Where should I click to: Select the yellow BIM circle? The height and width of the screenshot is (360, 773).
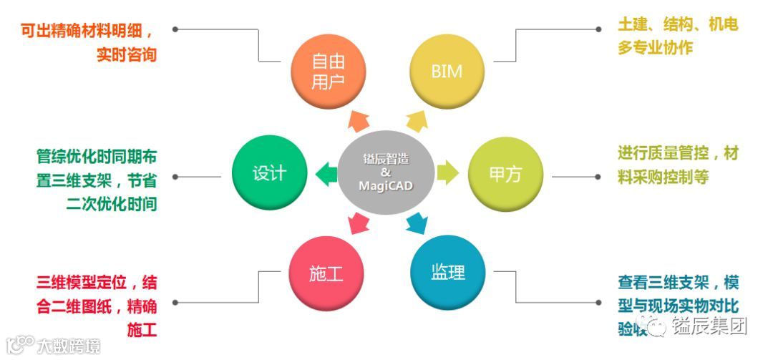click(x=447, y=72)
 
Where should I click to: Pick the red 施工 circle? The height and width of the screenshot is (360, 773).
click(x=326, y=273)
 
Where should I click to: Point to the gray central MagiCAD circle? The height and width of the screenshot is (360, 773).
click(x=386, y=172)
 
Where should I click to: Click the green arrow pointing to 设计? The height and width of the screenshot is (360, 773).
click(x=326, y=172)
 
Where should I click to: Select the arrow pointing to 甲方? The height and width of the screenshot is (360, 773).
click(x=448, y=172)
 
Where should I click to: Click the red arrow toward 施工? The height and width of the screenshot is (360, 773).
click(x=356, y=224)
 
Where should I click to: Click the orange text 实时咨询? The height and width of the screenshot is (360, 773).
click(x=126, y=55)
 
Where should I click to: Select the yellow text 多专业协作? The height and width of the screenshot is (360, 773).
click(x=655, y=48)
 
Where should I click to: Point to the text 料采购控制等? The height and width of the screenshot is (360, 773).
click(x=663, y=177)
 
